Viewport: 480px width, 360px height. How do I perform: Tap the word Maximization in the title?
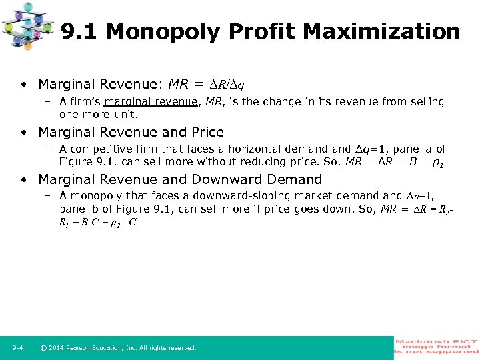(x=388, y=31)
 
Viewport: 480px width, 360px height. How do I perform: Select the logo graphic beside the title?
(x=28, y=26)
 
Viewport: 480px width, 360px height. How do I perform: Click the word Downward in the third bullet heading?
(x=237, y=179)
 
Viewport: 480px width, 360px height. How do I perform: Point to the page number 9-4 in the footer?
(x=18, y=347)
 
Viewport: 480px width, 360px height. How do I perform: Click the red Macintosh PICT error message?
(x=437, y=346)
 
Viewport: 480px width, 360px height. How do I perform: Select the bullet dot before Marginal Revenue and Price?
(x=23, y=132)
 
